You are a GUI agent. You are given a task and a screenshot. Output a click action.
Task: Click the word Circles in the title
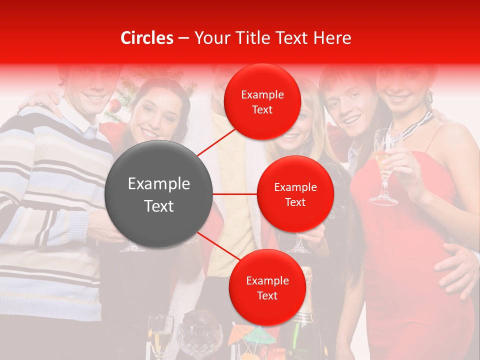147,38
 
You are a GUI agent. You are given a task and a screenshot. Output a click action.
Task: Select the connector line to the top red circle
218,141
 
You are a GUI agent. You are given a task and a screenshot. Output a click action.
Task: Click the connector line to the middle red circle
235,193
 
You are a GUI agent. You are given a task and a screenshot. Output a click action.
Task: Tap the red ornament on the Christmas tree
115,105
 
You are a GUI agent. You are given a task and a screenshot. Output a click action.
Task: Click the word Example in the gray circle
159,184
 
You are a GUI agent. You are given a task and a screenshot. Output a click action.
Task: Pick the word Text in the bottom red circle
267,295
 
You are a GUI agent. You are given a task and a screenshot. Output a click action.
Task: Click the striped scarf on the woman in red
417,125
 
